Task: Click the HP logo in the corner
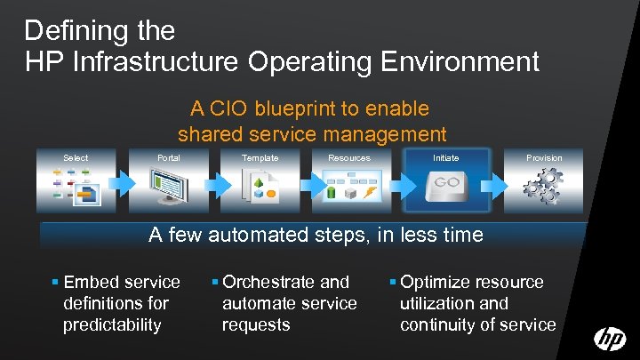[x=610, y=340]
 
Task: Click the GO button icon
[x=445, y=183]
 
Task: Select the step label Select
[x=76, y=158]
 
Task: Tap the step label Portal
[x=168, y=158]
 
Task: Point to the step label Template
[x=260, y=158]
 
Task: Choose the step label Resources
[x=349, y=158]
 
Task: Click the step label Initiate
[x=446, y=158]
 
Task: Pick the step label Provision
[x=544, y=158]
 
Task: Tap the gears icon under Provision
[x=542, y=188]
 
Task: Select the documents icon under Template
[x=261, y=188]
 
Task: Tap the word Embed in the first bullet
[x=92, y=283]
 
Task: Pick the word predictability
[x=113, y=325]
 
